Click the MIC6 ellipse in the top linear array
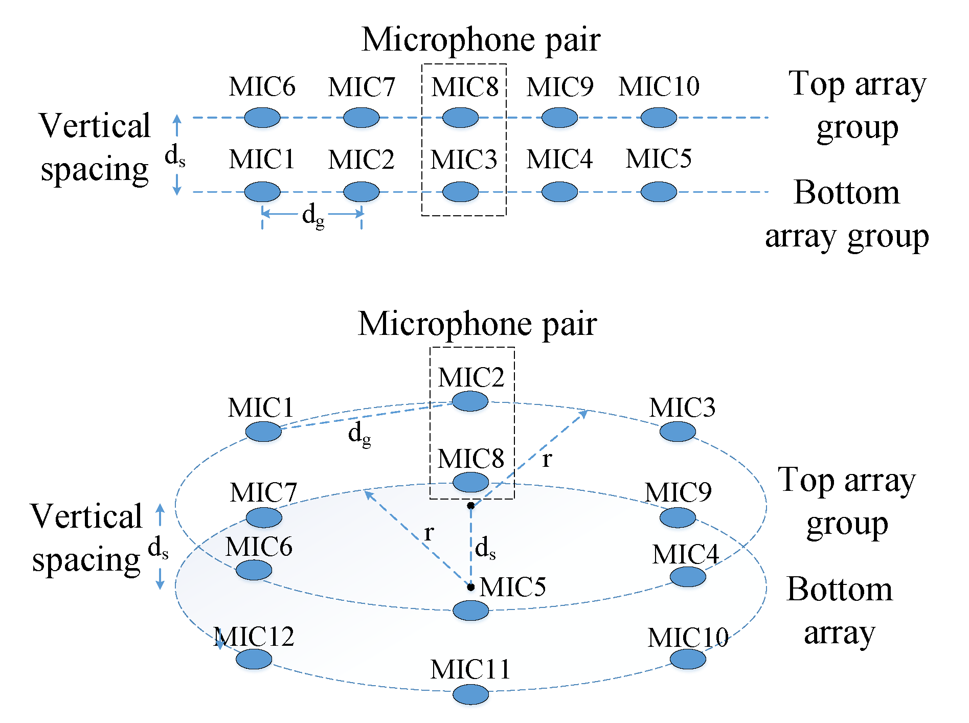(x=262, y=118)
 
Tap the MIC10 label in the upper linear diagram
(x=659, y=86)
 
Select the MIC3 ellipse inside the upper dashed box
(x=460, y=192)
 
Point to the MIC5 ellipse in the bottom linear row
(x=659, y=192)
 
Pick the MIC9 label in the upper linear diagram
(x=560, y=87)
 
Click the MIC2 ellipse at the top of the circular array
(x=470, y=401)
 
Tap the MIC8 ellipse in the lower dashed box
(x=471, y=482)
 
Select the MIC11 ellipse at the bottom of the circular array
(x=470, y=694)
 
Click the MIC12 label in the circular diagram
(x=254, y=637)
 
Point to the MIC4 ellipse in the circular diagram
(x=688, y=577)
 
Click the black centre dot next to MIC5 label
(x=470, y=586)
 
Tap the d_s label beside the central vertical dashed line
(x=485, y=549)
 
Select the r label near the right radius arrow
(x=547, y=459)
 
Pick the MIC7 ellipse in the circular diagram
(x=264, y=517)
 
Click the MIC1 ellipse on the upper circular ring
(x=263, y=432)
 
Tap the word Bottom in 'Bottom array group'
(x=846, y=193)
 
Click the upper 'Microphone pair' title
(x=481, y=40)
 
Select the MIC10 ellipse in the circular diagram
(x=688, y=659)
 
